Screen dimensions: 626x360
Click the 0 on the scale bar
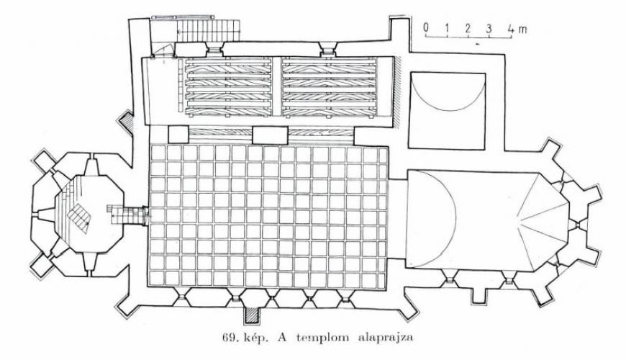click(426, 28)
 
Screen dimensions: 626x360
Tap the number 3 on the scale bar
click(489, 28)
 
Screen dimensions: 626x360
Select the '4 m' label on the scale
click(517, 28)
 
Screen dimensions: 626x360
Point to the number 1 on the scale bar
click(447, 28)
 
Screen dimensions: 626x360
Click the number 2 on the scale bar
click(468, 28)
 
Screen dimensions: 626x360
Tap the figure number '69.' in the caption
click(231, 338)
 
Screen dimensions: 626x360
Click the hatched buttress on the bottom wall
click(251, 315)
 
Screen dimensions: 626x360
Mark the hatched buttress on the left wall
click(126, 121)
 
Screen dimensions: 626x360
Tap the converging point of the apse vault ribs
click(518, 219)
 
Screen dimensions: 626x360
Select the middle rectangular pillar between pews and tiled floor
click(270, 135)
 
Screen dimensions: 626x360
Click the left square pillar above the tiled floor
click(178, 135)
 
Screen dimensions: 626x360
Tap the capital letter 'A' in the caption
click(283, 338)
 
